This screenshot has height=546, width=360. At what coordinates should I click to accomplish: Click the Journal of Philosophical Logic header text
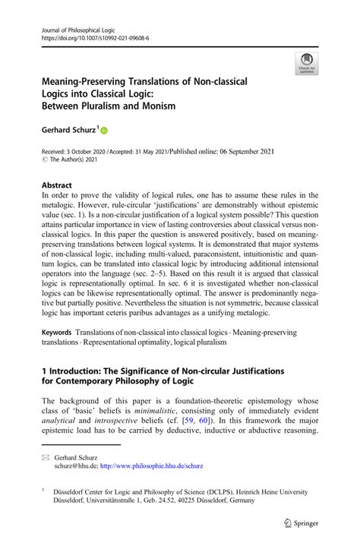coord(77,27)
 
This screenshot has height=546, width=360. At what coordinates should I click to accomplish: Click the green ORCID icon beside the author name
coord(104,131)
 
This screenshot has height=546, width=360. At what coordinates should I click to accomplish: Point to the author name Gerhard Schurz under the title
coord(68,131)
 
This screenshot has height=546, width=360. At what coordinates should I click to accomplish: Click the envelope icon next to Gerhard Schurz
coord(46,458)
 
